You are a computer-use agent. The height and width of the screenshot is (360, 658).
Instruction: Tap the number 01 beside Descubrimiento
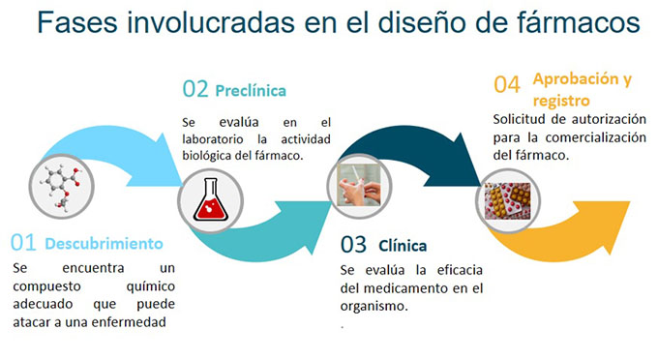coord(25,242)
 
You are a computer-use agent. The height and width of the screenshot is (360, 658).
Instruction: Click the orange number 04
coord(507,85)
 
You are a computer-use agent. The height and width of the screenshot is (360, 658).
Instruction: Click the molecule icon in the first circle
coord(63,184)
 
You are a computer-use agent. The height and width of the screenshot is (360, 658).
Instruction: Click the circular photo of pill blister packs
coord(507,202)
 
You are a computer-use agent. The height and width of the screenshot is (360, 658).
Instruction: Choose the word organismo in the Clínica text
coord(374,305)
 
